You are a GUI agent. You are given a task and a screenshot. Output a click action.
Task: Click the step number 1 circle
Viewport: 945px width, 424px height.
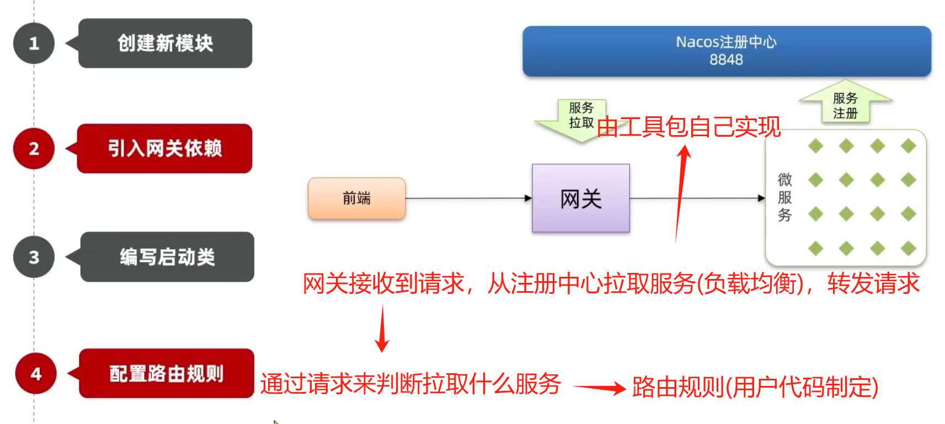34,44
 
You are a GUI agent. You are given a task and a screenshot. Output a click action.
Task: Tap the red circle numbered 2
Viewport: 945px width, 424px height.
34,148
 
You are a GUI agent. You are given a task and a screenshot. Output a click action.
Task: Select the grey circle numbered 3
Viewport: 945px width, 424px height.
34,257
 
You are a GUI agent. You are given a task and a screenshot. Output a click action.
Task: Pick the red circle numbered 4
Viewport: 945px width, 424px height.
36,374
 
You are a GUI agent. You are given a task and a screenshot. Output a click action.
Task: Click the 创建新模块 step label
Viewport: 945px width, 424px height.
165,44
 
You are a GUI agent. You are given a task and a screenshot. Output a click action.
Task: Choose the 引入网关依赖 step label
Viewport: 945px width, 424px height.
165,148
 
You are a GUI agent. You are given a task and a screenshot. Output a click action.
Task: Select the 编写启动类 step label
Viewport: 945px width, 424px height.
167,257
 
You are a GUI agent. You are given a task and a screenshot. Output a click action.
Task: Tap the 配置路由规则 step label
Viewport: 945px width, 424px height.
167,374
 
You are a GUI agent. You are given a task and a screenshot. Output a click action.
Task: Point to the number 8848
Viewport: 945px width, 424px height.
726,60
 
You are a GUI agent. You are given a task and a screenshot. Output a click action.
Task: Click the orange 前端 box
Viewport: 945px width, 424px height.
357,198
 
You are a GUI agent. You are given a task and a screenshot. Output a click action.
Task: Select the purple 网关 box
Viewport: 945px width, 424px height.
580,198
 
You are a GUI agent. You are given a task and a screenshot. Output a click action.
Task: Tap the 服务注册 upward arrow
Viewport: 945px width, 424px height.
845,105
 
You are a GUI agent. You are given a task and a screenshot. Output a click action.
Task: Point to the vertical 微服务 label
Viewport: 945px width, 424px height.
784,197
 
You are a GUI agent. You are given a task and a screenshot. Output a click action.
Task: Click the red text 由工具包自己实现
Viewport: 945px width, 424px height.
688,127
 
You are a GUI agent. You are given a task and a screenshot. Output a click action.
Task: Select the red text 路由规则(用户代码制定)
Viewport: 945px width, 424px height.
755,387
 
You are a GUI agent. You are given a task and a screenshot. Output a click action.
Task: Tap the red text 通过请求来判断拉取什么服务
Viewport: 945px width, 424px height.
410,384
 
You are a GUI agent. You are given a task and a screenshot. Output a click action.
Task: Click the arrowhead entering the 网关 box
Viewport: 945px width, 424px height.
528,198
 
